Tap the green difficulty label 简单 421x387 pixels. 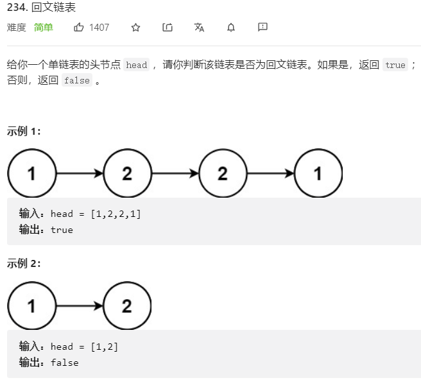point(44,28)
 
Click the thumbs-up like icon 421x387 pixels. point(79,28)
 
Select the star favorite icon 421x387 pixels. point(135,28)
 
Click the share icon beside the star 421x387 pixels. point(168,28)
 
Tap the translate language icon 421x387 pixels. point(199,28)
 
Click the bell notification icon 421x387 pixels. point(231,28)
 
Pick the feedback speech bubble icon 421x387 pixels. point(262,28)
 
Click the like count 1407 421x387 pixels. point(99,28)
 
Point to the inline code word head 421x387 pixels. point(136,65)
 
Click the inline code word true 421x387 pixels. point(395,65)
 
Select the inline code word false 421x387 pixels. point(76,81)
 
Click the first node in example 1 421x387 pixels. point(31,173)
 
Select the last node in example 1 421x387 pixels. point(318,173)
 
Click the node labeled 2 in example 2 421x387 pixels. point(126,305)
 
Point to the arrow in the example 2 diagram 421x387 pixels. point(80,305)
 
